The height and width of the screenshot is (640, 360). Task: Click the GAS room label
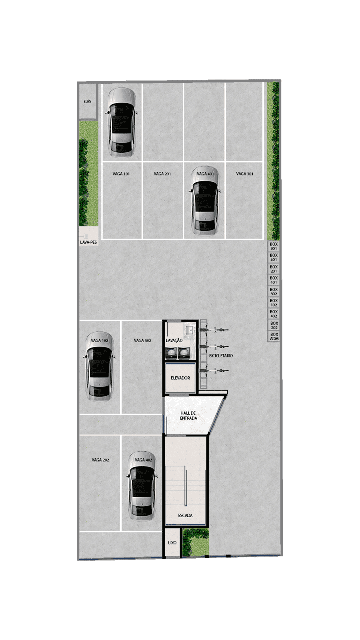click(88, 101)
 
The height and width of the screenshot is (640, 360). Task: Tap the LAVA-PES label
click(89, 242)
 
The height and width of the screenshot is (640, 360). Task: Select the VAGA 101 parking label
click(121, 174)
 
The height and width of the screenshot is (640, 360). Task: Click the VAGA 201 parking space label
click(162, 174)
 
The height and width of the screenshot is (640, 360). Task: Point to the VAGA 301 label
click(245, 174)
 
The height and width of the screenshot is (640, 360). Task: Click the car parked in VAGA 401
click(205, 201)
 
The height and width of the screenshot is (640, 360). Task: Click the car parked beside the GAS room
click(121, 122)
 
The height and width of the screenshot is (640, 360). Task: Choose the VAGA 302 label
click(142, 340)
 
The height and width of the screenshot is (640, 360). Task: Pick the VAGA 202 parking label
click(100, 460)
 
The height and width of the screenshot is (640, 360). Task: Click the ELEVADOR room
click(180, 378)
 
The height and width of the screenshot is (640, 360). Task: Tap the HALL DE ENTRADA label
click(188, 415)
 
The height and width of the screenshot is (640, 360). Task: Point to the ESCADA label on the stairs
click(185, 515)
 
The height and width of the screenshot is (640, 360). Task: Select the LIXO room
click(172, 542)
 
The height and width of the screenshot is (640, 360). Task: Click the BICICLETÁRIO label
click(221, 356)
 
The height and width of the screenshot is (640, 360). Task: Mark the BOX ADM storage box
click(274, 336)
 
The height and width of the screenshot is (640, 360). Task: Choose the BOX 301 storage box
click(274, 246)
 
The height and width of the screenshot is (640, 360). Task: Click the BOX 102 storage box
click(274, 302)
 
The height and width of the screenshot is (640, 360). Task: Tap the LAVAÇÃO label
click(174, 340)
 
